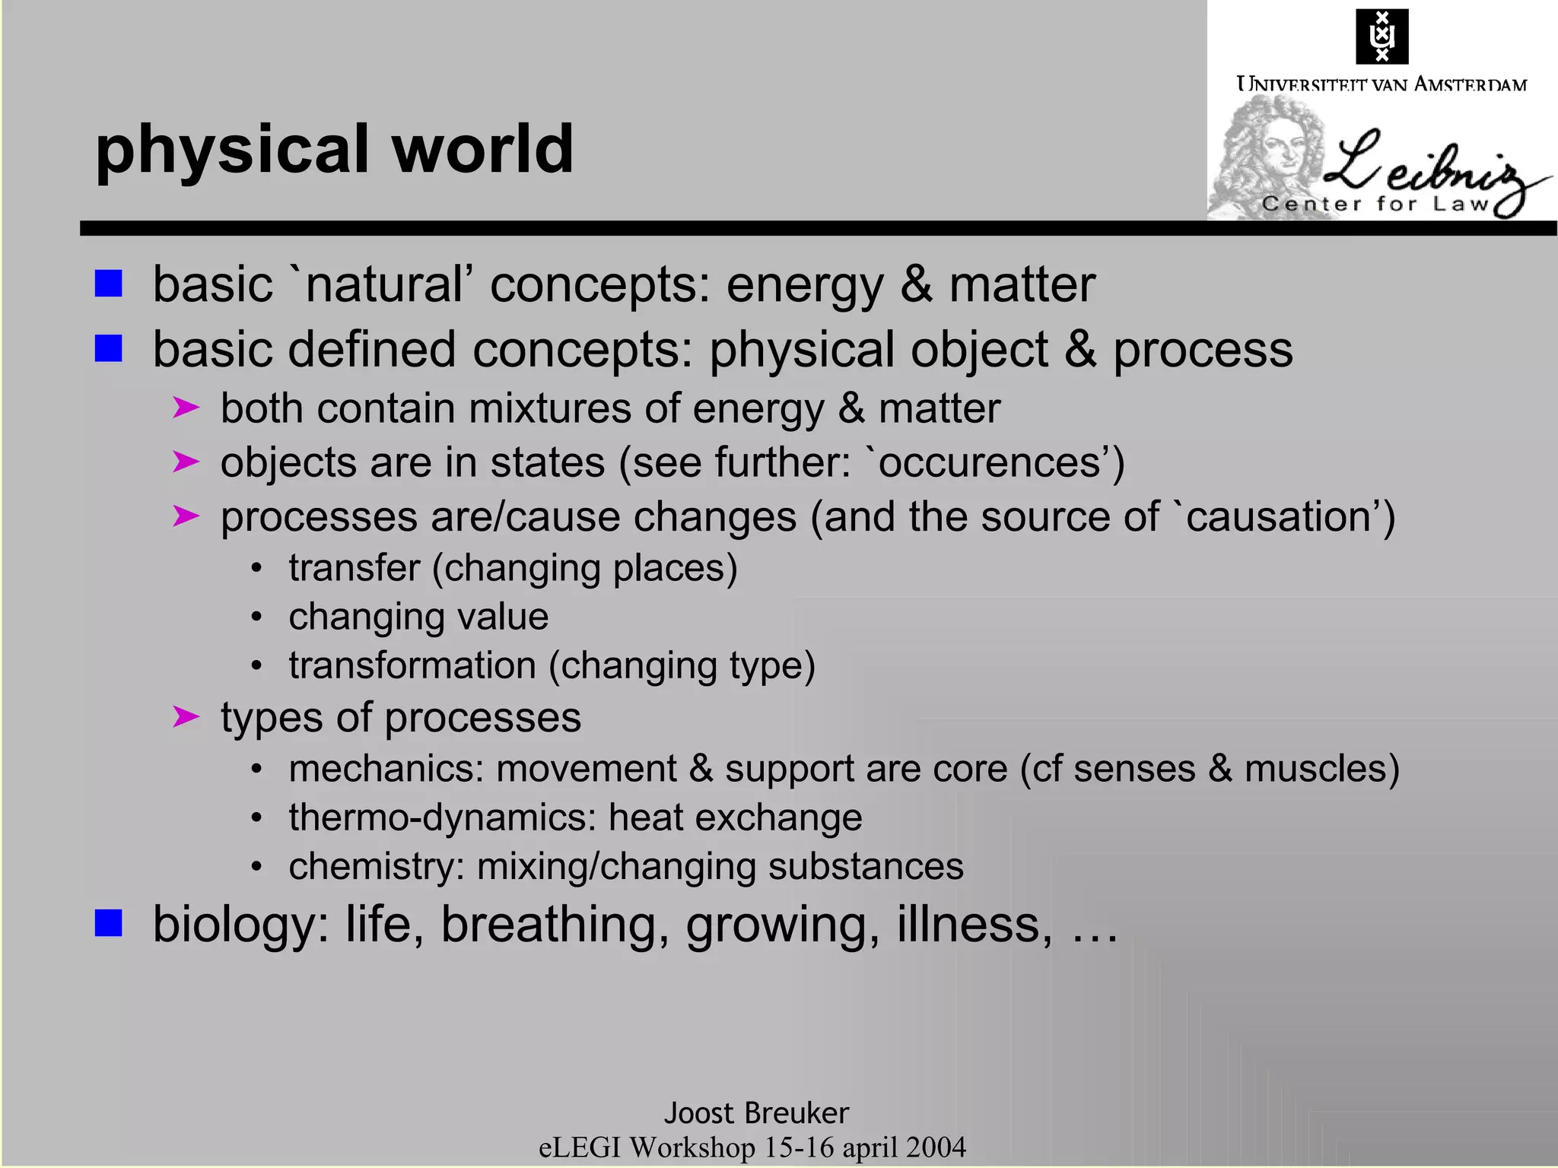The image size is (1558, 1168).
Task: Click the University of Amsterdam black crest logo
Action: [x=1382, y=36]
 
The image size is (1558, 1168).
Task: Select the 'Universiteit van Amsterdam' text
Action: [x=1382, y=84]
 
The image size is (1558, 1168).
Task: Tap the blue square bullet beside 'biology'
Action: [x=109, y=924]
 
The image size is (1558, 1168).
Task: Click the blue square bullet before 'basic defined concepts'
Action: [x=109, y=349]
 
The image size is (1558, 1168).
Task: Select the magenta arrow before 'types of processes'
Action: [x=186, y=716]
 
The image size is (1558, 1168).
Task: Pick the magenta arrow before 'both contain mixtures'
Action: [x=186, y=408]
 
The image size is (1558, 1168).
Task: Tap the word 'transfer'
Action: [x=354, y=568]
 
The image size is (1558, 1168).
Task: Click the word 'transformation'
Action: [x=412, y=665]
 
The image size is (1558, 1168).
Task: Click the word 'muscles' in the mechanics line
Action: [x=1315, y=769]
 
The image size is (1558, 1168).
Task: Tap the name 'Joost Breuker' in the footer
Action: [x=756, y=1113]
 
